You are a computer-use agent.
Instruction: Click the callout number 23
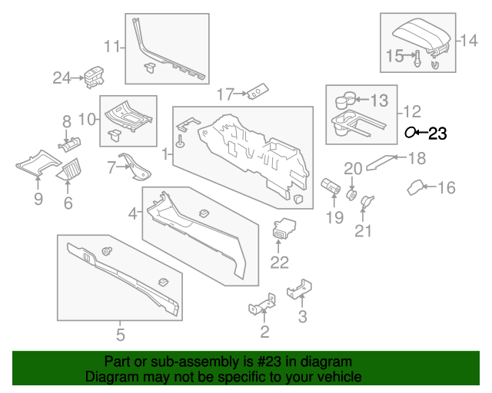coord(437,134)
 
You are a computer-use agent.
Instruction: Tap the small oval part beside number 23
coord(410,133)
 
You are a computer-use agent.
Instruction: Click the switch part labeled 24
coord(95,75)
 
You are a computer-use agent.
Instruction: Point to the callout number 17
coord(224,94)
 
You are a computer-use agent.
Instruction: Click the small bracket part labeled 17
coord(257,91)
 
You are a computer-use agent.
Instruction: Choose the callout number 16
coord(447,187)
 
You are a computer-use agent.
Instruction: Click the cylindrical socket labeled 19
coord(331,187)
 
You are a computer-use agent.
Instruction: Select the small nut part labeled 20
coord(352,193)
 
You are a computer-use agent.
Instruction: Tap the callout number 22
coord(279,263)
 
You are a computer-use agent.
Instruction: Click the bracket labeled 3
coord(298,289)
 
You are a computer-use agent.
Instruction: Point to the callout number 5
coord(120,334)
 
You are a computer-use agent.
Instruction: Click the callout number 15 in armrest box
coord(394,55)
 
